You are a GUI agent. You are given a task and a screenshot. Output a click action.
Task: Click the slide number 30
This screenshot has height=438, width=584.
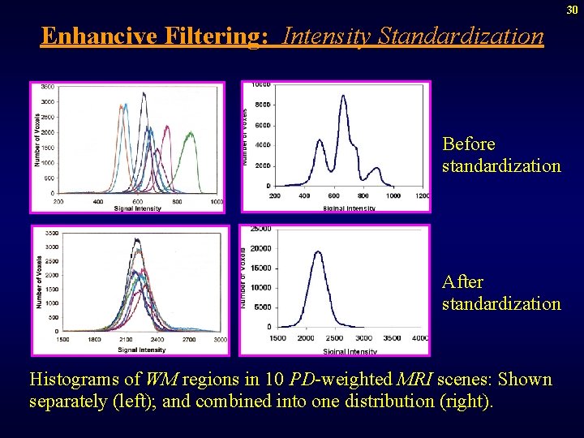(x=572, y=9)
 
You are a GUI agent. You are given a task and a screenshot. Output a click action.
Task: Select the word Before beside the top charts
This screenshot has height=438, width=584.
(x=469, y=144)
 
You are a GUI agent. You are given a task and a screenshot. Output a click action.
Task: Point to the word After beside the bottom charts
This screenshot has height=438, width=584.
(x=462, y=282)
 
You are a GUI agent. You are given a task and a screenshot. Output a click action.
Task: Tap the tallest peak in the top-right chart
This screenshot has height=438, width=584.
(x=343, y=97)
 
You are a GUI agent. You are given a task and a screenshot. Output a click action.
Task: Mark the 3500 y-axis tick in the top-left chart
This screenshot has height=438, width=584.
(x=48, y=87)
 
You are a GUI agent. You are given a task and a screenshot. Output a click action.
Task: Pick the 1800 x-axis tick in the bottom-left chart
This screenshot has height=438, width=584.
(x=95, y=341)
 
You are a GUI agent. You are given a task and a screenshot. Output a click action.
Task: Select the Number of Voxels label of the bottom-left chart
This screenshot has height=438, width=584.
(x=38, y=283)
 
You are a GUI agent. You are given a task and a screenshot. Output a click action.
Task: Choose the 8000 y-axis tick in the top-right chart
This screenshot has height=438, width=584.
(x=261, y=105)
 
